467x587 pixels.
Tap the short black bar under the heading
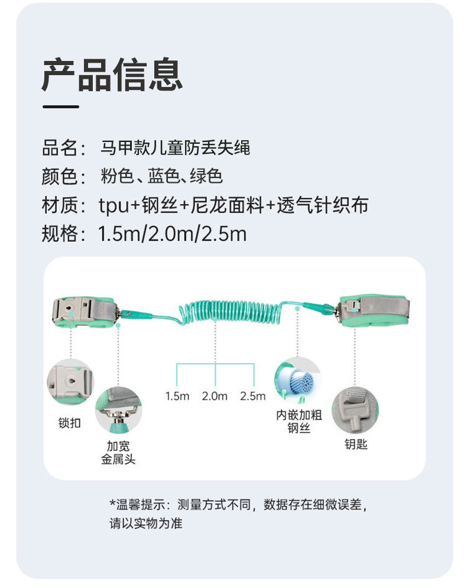pos(60,107)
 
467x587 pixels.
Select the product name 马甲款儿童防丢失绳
pos(176,147)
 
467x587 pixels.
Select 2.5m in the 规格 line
pos(223,234)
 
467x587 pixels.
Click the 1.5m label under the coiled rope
pos(177,396)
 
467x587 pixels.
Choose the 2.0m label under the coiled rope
pos(215,396)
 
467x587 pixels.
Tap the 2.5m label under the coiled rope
pos(253,396)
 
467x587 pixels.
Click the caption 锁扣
pos(70,423)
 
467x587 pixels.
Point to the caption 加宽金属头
pos(118,453)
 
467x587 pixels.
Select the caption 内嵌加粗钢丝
pos(299,421)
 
